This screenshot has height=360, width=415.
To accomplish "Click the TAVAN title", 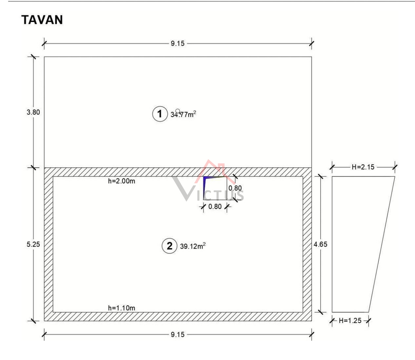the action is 42,20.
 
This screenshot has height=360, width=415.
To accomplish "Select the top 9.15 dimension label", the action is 177,44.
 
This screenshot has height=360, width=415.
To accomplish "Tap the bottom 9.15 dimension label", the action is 177,334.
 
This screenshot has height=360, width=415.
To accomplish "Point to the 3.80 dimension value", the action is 33,112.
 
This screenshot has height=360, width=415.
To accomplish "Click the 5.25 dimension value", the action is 33,244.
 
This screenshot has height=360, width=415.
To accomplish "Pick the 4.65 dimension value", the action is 321,244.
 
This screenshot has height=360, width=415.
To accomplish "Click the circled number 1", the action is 160,114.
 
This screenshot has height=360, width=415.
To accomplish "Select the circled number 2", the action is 169,246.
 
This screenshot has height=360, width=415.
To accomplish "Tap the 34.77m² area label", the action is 183,114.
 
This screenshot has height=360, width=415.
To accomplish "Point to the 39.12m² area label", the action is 193,246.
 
